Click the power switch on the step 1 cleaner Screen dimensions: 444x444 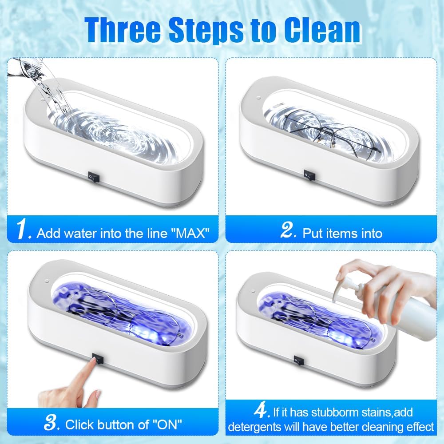tap(94, 177)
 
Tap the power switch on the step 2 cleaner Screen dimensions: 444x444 tap(309, 175)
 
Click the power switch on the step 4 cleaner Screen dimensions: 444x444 tap(299, 361)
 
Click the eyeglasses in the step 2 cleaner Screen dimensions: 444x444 tap(333, 132)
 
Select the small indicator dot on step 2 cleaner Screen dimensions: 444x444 tap(258, 98)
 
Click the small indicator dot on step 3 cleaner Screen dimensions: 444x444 tap(47, 281)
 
